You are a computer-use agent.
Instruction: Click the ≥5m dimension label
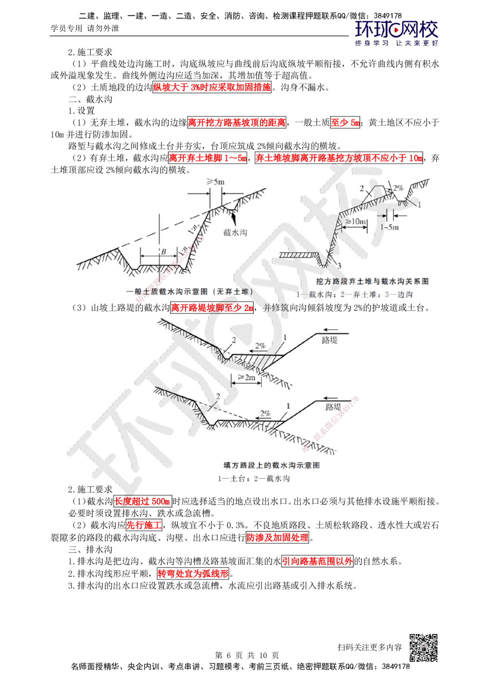(x=215, y=182)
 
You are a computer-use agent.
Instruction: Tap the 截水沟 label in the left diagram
(x=235, y=232)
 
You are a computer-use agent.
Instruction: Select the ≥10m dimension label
(x=355, y=220)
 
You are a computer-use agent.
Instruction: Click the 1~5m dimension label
(x=390, y=227)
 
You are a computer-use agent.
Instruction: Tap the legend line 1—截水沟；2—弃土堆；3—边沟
(x=355, y=294)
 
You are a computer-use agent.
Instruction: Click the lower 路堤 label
(x=333, y=407)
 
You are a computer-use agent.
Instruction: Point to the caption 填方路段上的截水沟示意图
(x=273, y=465)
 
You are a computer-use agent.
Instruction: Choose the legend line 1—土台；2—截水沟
(x=254, y=479)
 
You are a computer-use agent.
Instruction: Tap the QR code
(x=423, y=647)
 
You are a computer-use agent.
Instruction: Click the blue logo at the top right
(x=397, y=32)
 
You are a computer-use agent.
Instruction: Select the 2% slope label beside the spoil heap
(x=397, y=188)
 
